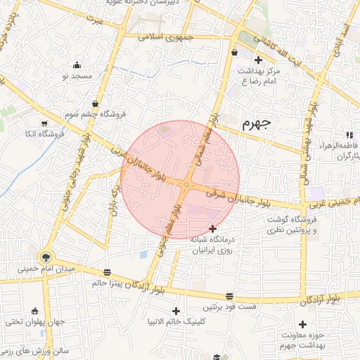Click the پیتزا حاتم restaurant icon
(x=107, y=272)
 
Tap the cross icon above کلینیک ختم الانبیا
(x=176, y=311)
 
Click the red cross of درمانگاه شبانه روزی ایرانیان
(x=213, y=228)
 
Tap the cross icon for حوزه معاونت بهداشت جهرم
(x=302, y=324)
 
